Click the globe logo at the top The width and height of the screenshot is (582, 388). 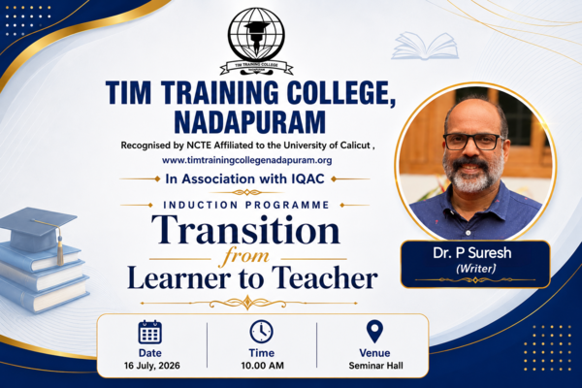256,41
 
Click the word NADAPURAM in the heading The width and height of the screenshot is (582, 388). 250,121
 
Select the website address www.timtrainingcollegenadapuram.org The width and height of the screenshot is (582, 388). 246,160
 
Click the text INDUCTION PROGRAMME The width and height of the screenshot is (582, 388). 246,205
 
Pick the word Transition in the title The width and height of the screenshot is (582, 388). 245,230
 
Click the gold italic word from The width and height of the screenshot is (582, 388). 245,258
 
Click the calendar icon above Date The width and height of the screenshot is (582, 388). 150,332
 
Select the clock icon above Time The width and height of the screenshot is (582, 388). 261,332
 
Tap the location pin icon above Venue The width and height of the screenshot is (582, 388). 374,332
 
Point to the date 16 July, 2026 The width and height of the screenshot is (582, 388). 152,366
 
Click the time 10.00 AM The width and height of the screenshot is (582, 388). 263,366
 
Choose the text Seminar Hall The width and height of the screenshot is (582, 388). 375,366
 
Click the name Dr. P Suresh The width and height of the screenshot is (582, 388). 471,253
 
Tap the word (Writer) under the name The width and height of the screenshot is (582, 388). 475,269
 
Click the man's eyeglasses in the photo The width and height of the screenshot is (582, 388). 473,142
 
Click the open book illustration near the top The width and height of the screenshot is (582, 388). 425,46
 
